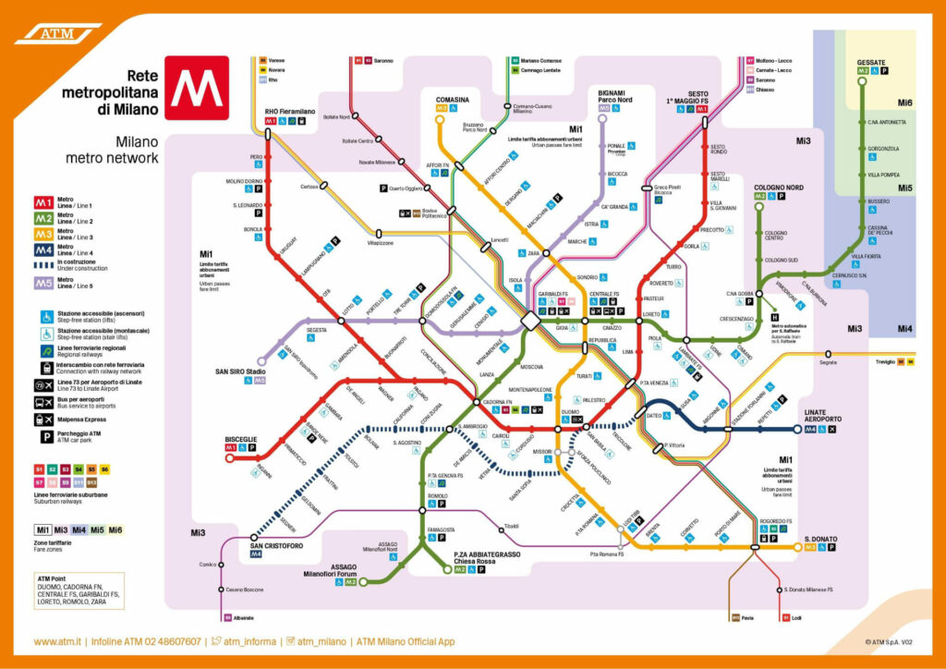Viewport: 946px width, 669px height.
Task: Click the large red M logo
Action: tap(197, 88)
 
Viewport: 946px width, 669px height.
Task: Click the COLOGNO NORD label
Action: tap(779, 187)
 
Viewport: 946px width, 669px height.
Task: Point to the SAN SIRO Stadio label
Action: tap(241, 371)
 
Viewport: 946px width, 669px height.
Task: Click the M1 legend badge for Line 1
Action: tap(43, 203)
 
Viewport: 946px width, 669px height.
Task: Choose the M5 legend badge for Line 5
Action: tap(43, 282)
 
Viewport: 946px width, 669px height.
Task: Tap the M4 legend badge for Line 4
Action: tap(43, 249)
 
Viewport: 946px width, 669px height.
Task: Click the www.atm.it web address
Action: tap(59, 641)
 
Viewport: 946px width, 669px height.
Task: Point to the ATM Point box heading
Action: tap(54, 578)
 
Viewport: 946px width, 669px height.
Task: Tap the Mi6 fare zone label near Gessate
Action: tap(905, 103)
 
